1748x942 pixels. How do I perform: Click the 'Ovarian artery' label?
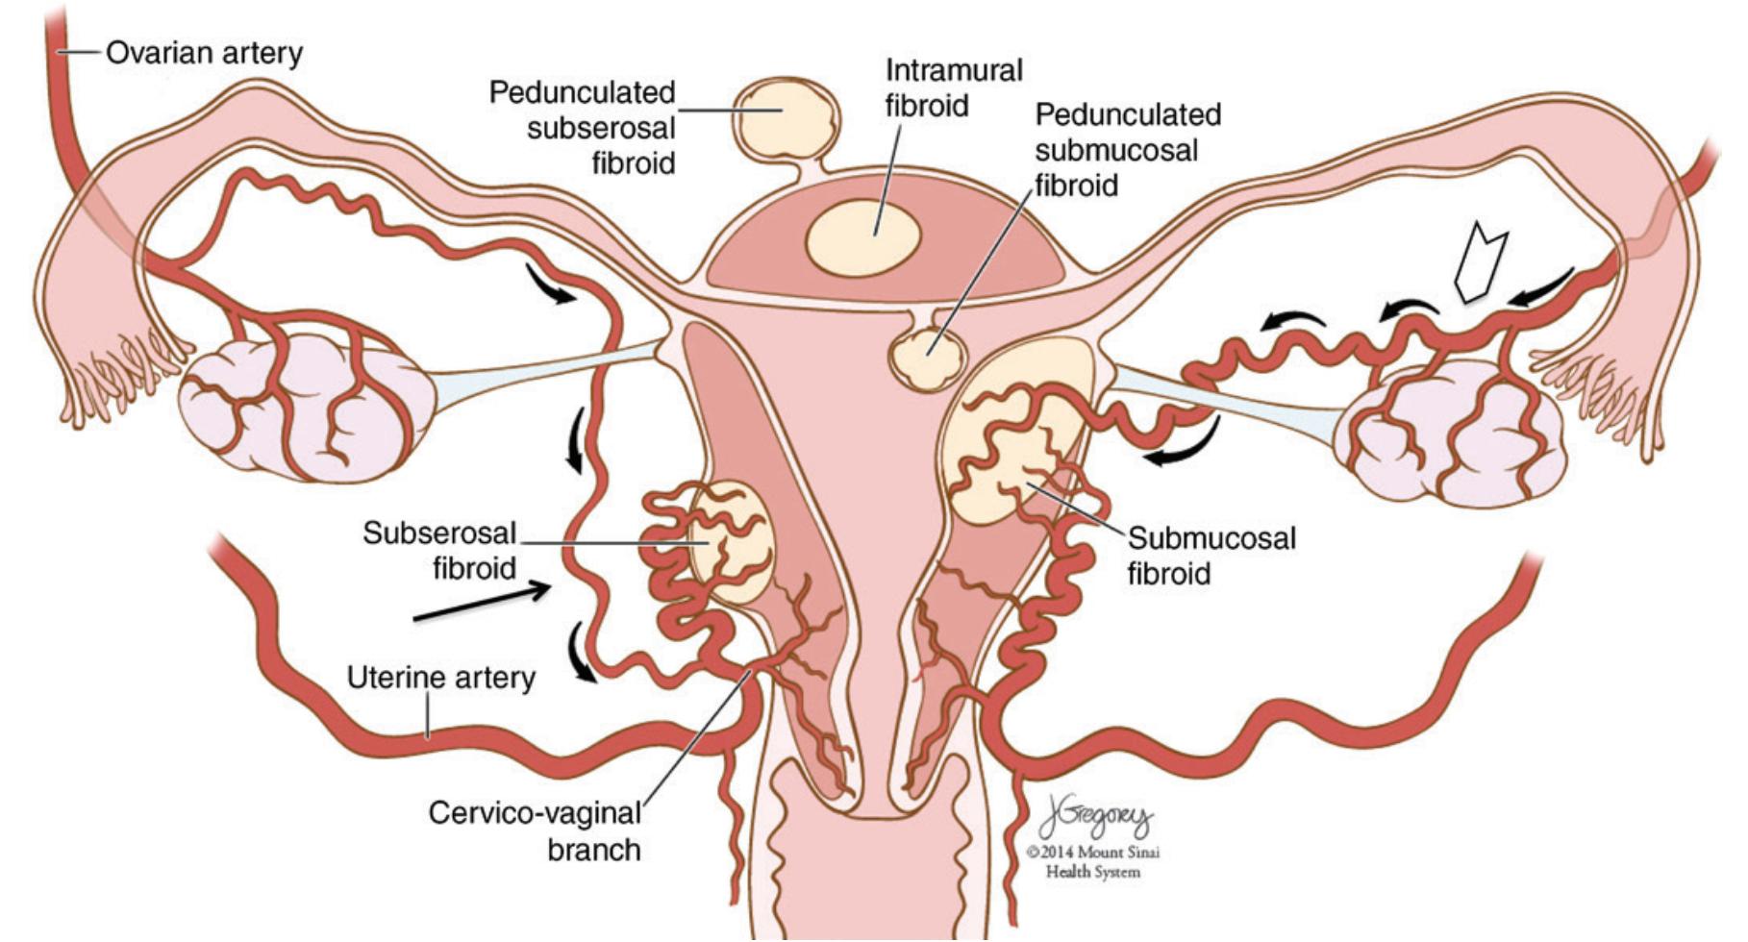tap(204, 52)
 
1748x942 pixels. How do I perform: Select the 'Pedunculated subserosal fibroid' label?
tap(583, 128)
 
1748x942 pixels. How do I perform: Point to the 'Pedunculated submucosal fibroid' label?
tap(1127, 149)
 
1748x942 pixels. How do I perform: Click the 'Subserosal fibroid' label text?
tap(439, 550)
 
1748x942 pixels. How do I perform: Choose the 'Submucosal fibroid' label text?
tap(1211, 556)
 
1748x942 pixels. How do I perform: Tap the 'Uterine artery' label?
tap(440, 678)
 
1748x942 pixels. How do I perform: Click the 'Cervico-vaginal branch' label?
tap(535, 831)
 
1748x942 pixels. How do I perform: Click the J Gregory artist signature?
tap(1094, 821)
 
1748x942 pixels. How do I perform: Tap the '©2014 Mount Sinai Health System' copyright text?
tap(1093, 862)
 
